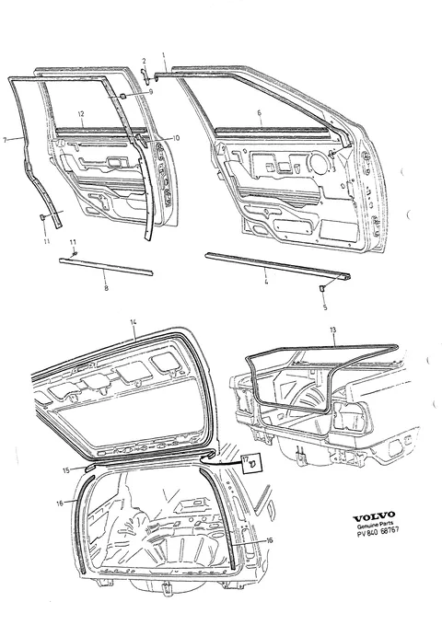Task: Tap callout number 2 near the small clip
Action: (x=144, y=61)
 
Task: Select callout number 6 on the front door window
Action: (x=260, y=113)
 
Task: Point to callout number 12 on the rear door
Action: (x=81, y=113)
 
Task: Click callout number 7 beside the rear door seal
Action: (x=5, y=140)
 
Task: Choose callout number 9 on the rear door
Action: (x=151, y=92)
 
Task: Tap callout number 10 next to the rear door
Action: (x=176, y=138)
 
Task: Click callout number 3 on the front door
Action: (x=334, y=169)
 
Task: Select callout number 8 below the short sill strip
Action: (x=106, y=288)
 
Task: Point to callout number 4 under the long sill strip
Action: (x=266, y=282)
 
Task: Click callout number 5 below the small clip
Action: (x=325, y=307)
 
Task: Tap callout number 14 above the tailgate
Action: (x=134, y=322)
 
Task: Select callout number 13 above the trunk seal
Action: (x=333, y=330)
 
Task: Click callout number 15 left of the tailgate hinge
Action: (x=66, y=470)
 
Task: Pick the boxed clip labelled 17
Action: (x=251, y=462)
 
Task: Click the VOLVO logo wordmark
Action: (x=374, y=516)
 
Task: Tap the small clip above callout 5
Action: (x=321, y=288)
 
